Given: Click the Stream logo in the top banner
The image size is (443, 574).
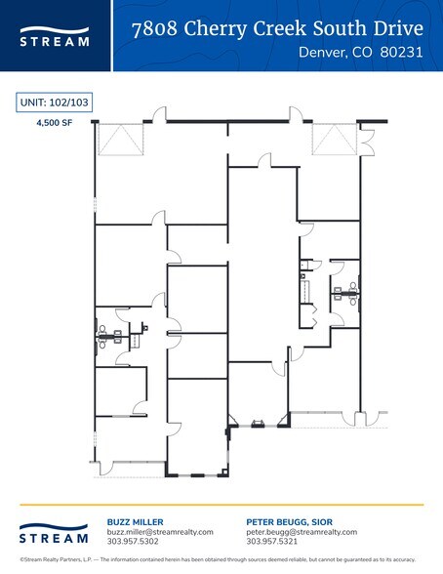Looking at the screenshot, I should (55, 35).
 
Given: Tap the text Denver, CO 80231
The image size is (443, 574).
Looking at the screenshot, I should (361, 55).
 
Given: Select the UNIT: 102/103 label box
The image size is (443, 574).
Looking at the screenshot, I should (54, 102).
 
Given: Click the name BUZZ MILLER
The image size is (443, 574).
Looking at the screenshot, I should (135, 522).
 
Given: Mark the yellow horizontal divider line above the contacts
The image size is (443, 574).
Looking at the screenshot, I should (221, 505).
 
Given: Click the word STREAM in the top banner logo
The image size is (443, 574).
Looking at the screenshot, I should (55, 42).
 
